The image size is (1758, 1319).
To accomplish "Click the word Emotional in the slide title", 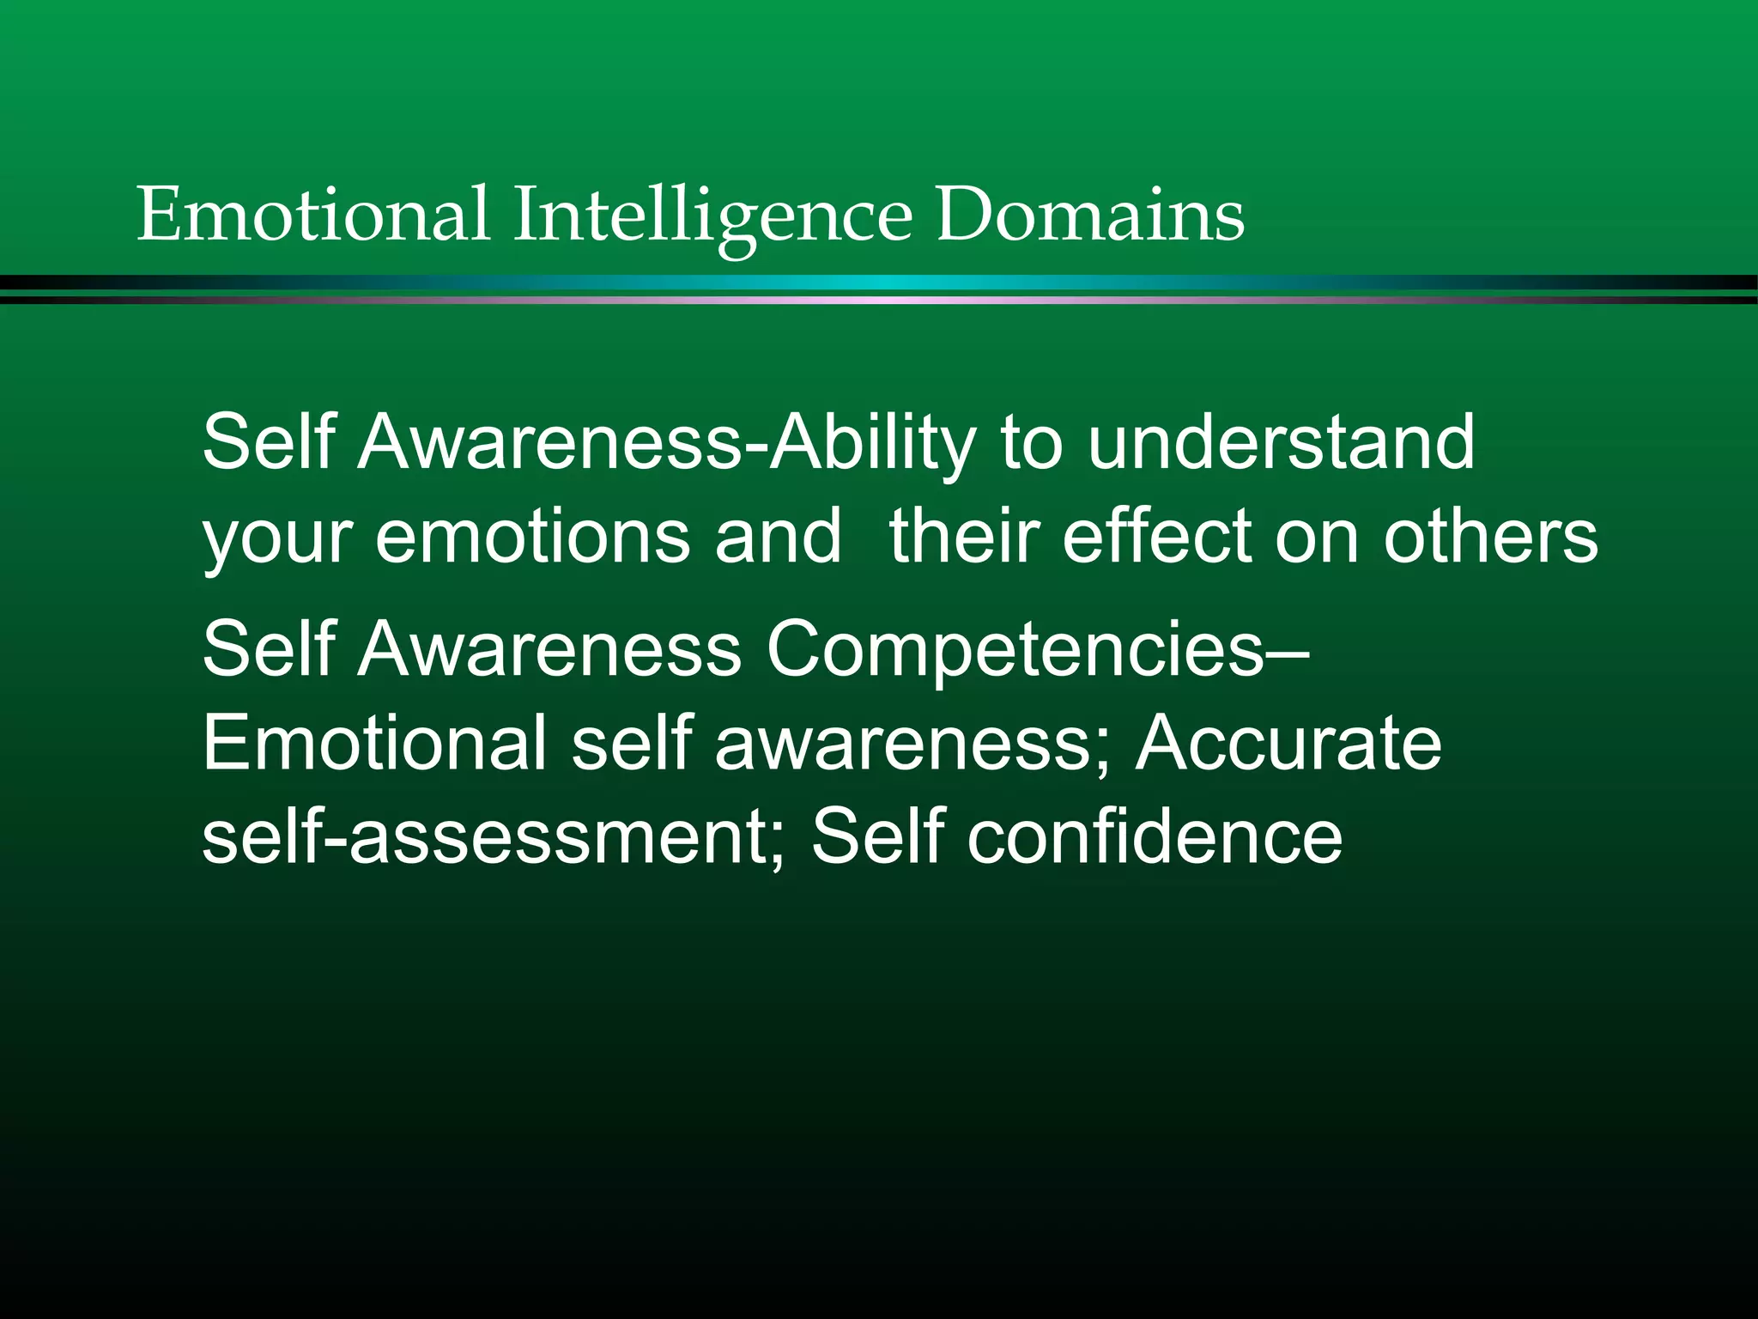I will point(313,214).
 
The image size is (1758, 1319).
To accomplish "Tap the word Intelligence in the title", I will point(713,216).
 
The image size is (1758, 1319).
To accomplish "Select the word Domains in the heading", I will point(1090,214).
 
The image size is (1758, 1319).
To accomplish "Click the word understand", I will point(1281,441).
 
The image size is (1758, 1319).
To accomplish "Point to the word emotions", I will point(532,536).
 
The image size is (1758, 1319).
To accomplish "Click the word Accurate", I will point(1288,743).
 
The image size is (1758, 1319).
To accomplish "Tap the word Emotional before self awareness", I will point(375,743).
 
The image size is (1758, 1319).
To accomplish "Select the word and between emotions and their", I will point(778,536).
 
